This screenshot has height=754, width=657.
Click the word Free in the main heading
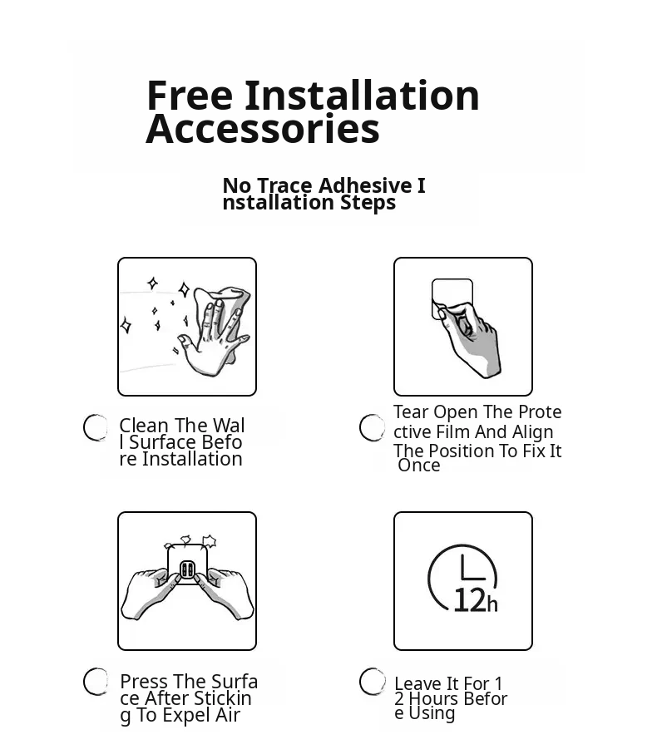point(190,96)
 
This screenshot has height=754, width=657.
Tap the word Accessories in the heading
point(263,129)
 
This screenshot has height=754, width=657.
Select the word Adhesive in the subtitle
point(365,185)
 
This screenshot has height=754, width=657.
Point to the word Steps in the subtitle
point(368,203)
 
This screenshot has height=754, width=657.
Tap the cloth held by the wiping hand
point(225,308)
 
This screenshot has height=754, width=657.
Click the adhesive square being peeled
point(452,298)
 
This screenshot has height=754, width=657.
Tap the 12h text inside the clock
point(475,600)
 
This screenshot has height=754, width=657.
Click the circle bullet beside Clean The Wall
point(96,427)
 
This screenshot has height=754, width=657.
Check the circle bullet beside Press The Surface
point(96,682)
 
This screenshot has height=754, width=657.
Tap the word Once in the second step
point(419,466)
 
